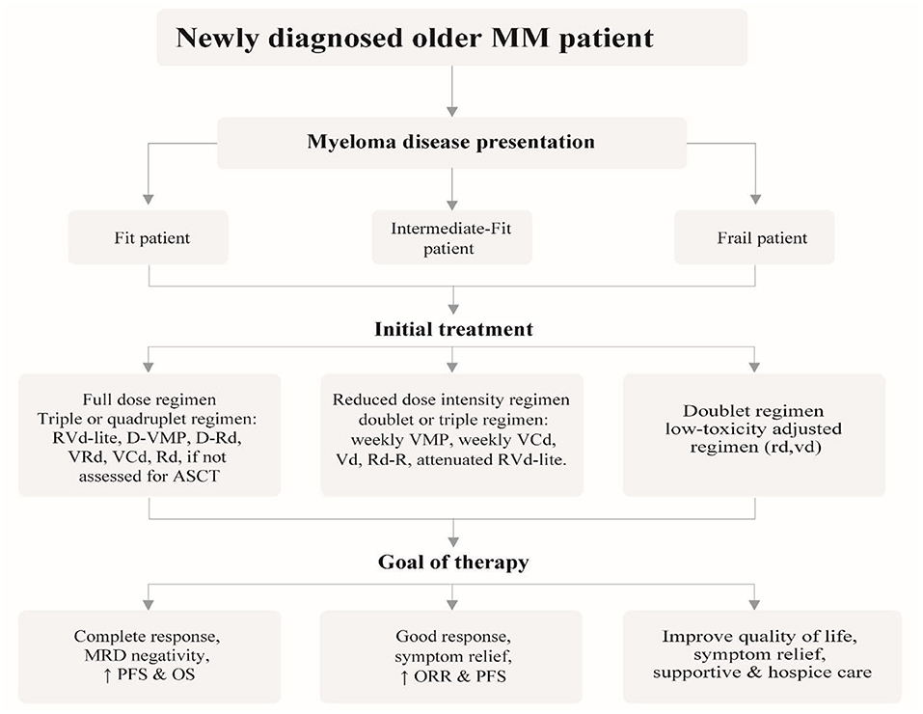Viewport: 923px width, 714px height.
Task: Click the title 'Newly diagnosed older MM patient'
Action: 415,39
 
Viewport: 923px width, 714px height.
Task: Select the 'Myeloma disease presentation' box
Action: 452,142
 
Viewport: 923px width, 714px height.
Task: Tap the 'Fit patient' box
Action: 149,237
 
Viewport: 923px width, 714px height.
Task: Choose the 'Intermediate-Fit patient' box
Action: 452,238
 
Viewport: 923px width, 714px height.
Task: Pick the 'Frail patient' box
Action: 755,237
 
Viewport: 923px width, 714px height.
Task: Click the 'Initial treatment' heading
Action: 452,329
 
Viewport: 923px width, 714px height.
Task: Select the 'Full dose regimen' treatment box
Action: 149,435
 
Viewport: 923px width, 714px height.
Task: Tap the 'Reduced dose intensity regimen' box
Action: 452,435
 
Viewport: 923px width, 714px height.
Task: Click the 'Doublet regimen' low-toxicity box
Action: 755,435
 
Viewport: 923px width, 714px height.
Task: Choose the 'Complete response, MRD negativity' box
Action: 149,655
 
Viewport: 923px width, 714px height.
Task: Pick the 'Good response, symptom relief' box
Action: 452,655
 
